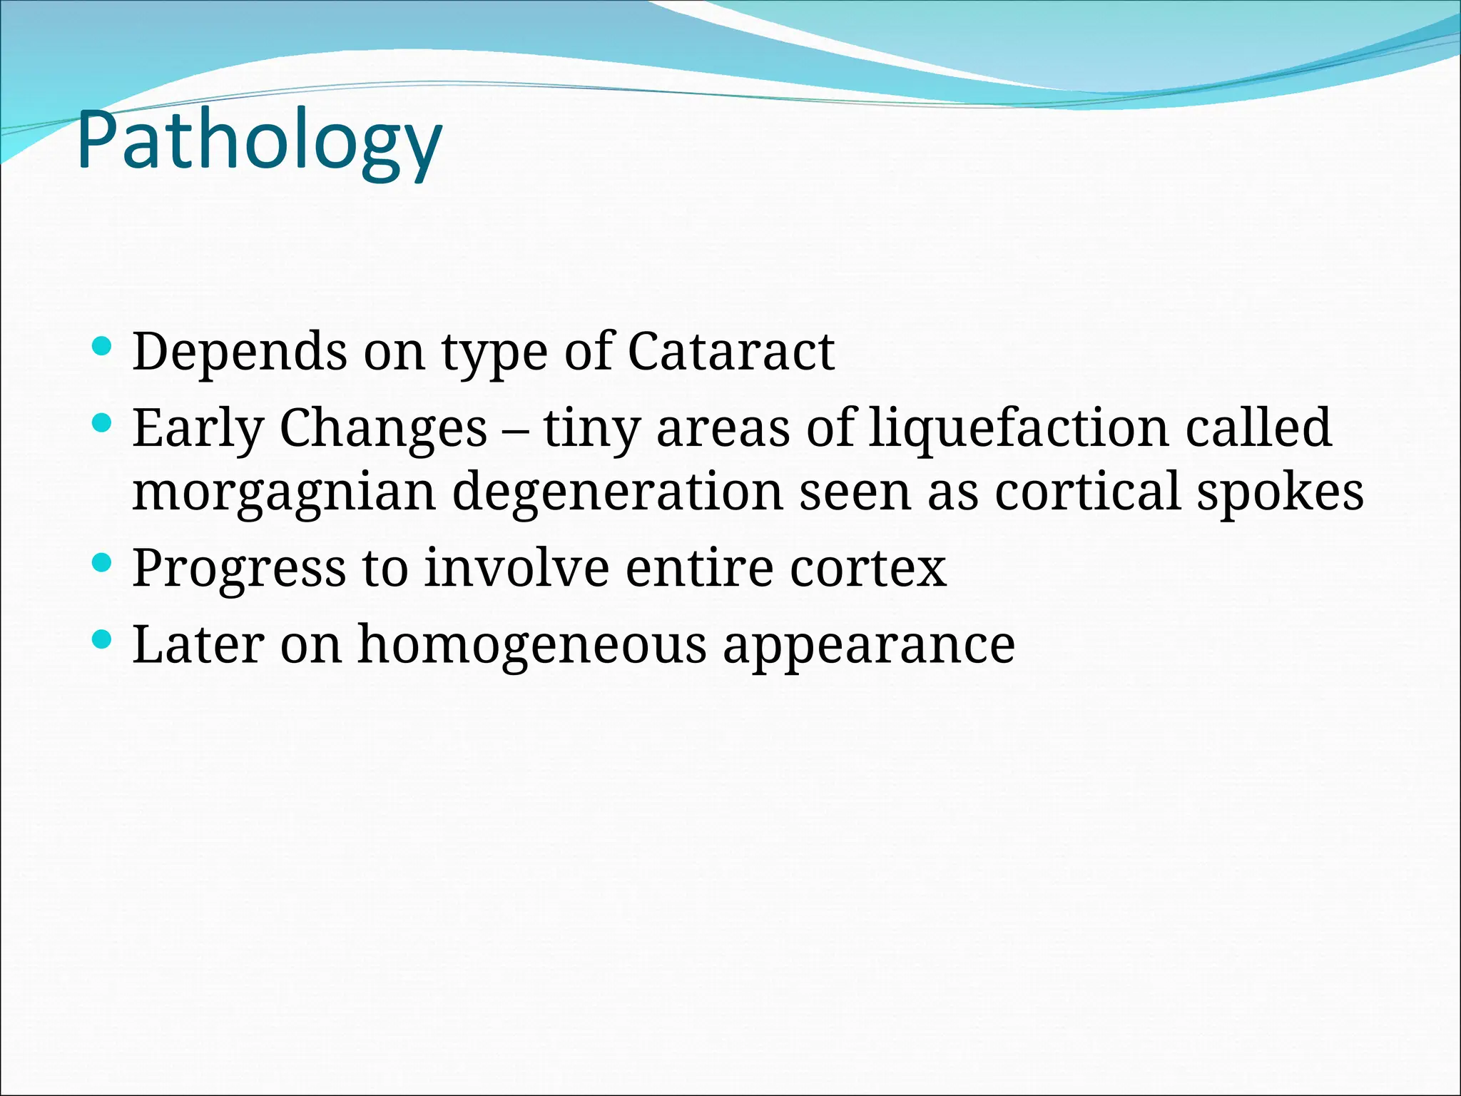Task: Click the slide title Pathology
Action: click(x=260, y=140)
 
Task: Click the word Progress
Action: click(x=239, y=569)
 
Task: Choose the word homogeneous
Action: click(x=531, y=644)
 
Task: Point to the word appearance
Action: click(x=868, y=646)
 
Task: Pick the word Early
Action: click(x=198, y=428)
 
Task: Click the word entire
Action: click(x=700, y=569)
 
